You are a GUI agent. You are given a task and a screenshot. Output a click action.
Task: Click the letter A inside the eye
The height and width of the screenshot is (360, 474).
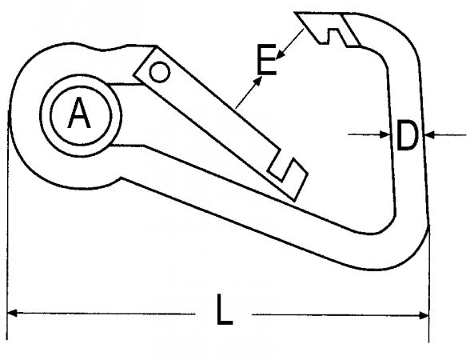[79, 113]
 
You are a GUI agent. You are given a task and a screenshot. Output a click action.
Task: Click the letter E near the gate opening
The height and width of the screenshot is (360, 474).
[267, 59]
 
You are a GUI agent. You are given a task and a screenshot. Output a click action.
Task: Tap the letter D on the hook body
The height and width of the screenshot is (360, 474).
[407, 134]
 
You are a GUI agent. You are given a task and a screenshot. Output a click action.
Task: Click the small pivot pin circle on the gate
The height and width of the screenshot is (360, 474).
[159, 72]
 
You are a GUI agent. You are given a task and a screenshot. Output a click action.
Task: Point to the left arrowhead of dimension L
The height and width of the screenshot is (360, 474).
[11, 313]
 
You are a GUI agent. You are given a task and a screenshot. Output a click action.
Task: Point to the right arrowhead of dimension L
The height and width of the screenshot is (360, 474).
[424, 316]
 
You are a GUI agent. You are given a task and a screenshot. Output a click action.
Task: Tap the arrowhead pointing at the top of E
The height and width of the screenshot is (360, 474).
[280, 54]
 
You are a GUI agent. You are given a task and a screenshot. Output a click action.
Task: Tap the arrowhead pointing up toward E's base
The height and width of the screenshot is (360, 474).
[258, 81]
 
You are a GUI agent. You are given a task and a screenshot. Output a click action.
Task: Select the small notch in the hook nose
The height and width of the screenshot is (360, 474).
[333, 36]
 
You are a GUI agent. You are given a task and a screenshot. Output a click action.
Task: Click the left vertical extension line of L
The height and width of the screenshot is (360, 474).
[7, 225]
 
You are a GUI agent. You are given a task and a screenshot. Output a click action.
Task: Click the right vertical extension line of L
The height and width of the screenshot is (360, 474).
[428, 284]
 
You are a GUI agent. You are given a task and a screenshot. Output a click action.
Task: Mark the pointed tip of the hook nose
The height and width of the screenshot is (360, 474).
[295, 14]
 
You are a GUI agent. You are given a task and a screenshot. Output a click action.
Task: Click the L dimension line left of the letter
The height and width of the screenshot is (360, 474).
[102, 314]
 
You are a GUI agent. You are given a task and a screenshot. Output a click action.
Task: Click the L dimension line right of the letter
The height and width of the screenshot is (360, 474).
[340, 315]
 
